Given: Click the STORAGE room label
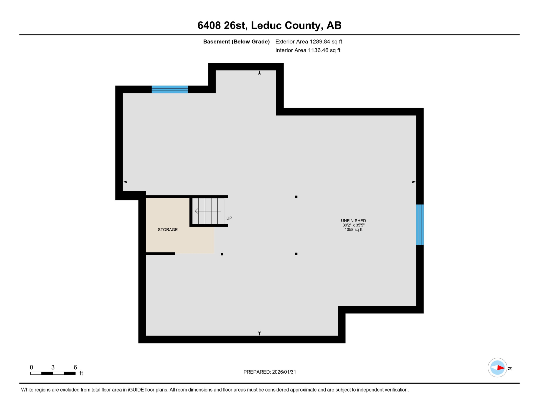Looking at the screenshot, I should [168, 230].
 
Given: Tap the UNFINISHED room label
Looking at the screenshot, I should [353, 221].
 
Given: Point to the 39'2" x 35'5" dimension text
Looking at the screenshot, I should [353, 225].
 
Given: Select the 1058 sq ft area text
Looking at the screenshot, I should [353, 230].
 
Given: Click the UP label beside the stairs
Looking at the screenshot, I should [229, 218].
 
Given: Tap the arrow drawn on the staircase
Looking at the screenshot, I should [208, 211].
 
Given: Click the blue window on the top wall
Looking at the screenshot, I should [169, 89].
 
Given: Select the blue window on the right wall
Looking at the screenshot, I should [420, 225].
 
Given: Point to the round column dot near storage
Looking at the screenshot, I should [222, 254].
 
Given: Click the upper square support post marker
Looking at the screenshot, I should [296, 197].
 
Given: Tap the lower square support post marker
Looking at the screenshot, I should [296, 254].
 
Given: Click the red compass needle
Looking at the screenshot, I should [501, 368].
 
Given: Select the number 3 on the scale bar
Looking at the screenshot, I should [53, 367].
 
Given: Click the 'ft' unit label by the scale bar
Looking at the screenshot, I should [81, 373].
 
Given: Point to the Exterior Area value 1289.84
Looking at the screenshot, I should [320, 42].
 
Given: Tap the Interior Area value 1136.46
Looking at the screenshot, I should [318, 50].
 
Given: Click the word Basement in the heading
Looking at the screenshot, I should [216, 42].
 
